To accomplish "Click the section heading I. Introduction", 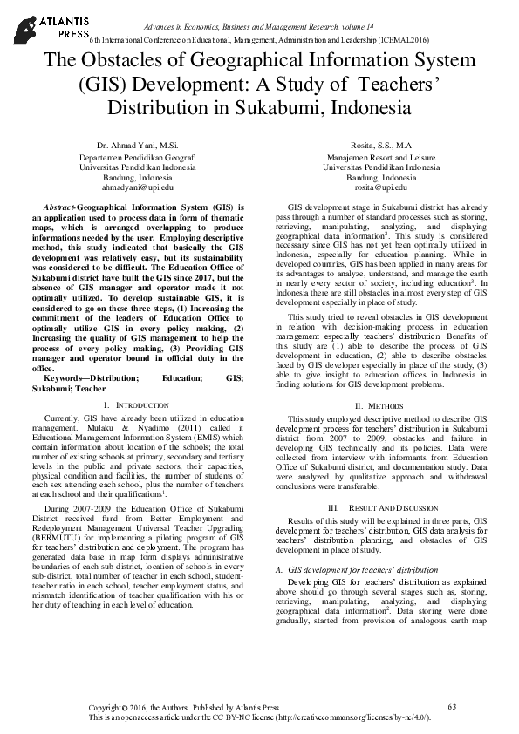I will coord(135,406).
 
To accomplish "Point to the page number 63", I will coord(451,706).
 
